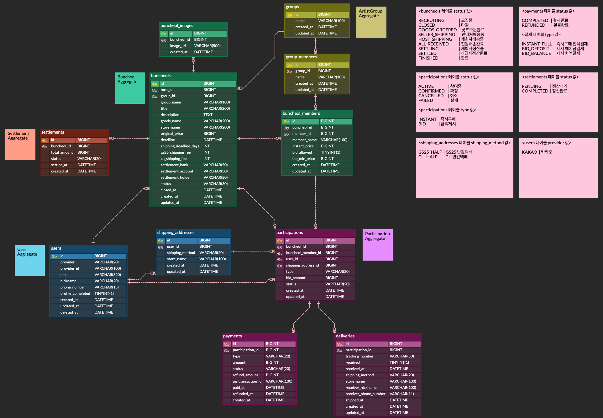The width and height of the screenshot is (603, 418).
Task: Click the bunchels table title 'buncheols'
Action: click(x=161, y=76)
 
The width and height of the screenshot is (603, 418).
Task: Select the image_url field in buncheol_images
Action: click(x=178, y=46)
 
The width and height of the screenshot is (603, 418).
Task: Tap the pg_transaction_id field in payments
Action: click(x=247, y=381)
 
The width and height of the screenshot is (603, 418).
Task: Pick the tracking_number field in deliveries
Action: click(x=359, y=356)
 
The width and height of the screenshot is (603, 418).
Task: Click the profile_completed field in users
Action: click(x=75, y=294)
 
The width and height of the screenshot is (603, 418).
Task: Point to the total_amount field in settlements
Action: click(x=62, y=152)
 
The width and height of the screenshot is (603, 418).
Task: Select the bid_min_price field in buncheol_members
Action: click(x=304, y=159)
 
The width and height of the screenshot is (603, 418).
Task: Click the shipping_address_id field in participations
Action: click(x=302, y=265)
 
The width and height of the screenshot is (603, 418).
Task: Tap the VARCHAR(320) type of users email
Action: click(x=108, y=275)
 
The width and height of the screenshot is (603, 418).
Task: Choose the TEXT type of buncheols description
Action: click(x=208, y=115)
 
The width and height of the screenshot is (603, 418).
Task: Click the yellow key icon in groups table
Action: click(x=289, y=15)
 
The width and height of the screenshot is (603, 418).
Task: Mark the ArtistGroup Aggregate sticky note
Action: click(x=371, y=22)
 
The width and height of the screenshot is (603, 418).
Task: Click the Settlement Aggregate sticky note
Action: click(x=20, y=145)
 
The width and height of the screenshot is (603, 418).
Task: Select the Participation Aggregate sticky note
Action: click(x=378, y=245)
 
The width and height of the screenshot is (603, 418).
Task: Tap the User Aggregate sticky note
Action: click(x=30, y=261)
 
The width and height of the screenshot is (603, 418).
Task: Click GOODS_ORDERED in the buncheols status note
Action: click(x=438, y=30)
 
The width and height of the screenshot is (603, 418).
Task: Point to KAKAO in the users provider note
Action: click(x=530, y=152)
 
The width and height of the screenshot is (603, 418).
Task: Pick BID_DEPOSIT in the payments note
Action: click(x=536, y=49)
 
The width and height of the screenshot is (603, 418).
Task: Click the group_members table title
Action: click(x=301, y=57)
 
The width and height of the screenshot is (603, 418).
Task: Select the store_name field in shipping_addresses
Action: click(x=176, y=259)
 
